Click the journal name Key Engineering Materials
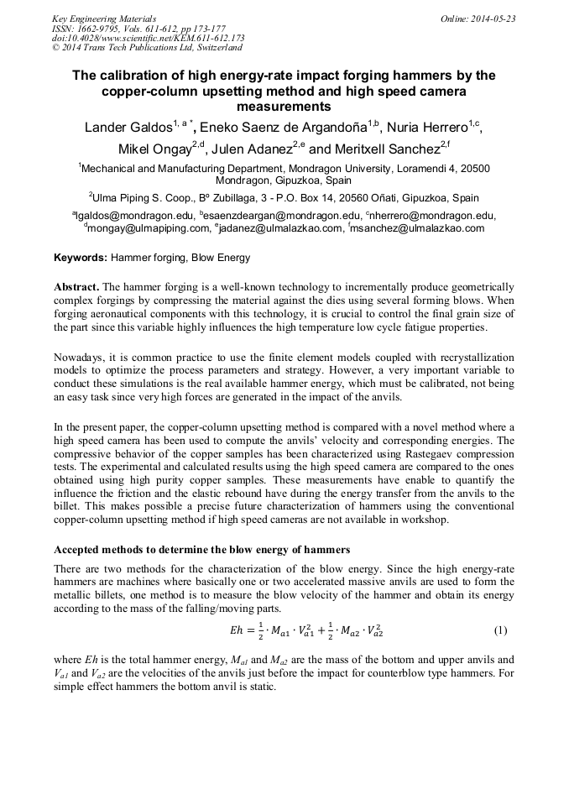(x=103, y=18)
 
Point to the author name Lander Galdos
(x=123, y=128)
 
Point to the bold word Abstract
(x=76, y=287)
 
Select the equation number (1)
(x=500, y=630)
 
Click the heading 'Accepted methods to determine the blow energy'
(x=201, y=550)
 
